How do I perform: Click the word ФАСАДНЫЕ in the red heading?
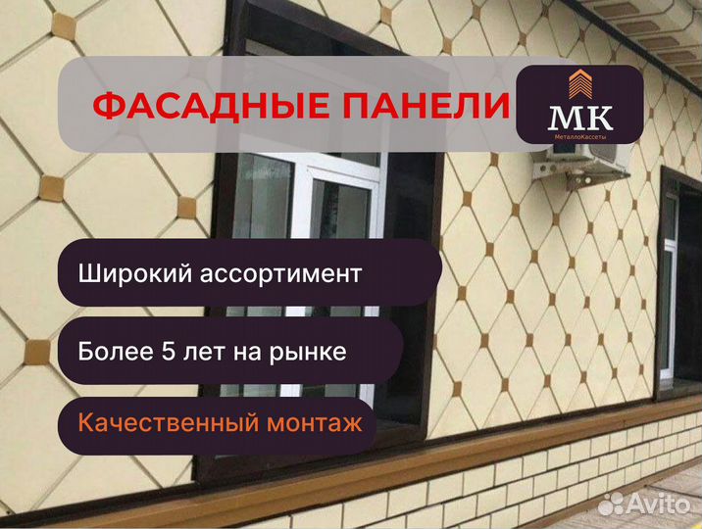pyautogui.click(x=201, y=107)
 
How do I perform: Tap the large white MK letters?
pyautogui.click(x=580, y=118)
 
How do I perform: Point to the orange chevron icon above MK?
pyautogui.click(x=580, y=83)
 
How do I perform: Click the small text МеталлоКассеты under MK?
pyautogui.click(x=580, y=137)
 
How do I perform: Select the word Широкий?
pyautogui.click(x=136, y=273)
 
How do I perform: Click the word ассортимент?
pyautogui.click(x=280, y=274)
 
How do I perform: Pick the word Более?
pyautogui.click(x=116, y=352)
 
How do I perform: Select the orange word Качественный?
pyautogui.click(x=169, y=422)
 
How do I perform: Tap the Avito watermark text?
pyautogui.click(x=659, y=504)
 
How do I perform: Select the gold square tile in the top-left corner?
pyautogui.click(x=63, y=26)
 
